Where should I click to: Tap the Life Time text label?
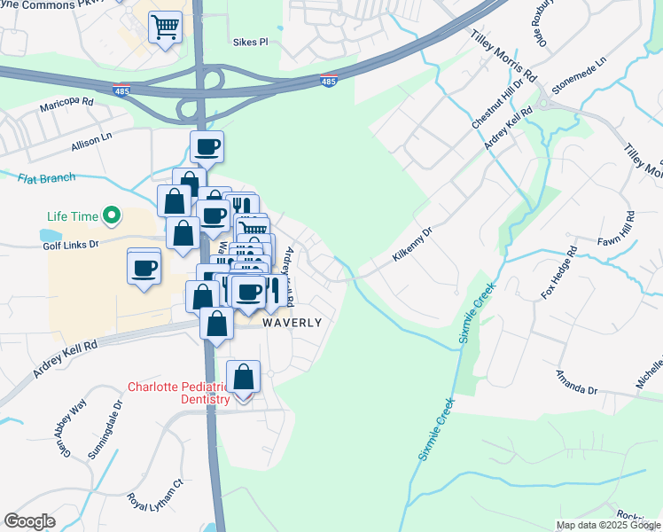[x=74, y=215]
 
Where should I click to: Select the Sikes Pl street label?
[x=249, y=41]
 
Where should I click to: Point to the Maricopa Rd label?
[x=66, y=105]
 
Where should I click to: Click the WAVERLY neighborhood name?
[x=292, y=323]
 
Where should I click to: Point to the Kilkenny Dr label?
[x=412, y=246]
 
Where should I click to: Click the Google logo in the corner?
[x=30, y=521]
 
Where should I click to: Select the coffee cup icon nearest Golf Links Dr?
[x=144, y=267]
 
